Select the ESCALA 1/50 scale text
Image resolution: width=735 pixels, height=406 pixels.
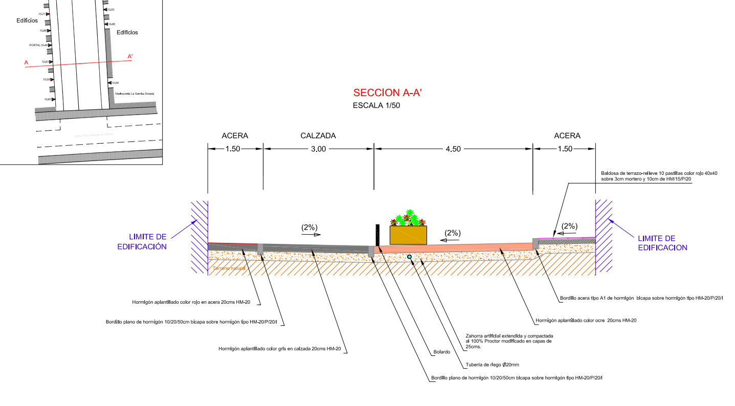click(x=377, y=106)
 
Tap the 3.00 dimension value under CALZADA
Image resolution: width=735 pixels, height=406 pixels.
click(x=318, y=149)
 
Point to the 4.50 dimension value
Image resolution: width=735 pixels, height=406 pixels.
click(x=453, y=149)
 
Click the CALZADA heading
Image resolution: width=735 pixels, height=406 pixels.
click(x=318, y=136)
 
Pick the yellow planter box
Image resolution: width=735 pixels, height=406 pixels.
click(x=408, y=235)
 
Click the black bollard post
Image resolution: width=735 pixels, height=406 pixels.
click(x=377, y=235)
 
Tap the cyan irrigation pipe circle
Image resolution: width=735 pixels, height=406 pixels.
click(x=409, y=257)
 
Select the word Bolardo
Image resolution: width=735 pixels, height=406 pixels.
click(x=441, y=352)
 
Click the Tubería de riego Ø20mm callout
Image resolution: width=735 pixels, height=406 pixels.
click(x=492, y=365)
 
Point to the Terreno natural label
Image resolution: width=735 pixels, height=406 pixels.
click(x=229, y=268)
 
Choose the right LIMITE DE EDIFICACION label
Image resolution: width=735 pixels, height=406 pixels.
click(x=662, y=243)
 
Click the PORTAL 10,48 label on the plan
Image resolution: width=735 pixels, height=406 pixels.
click(x=39, y=45)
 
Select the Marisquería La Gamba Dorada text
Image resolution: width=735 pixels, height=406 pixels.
click(x=135, y=94)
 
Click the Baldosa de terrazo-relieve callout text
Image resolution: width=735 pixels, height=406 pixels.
click(x=659, y=176)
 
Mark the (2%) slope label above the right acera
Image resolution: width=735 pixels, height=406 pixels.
click(x=569, y=226)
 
